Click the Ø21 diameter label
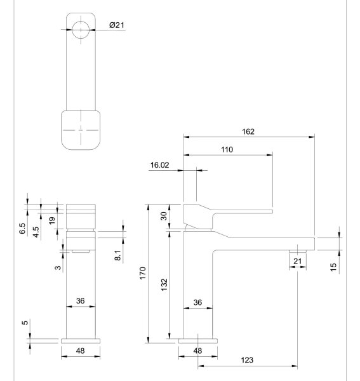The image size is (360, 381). point(117,25)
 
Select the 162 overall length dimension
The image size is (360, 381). point(248,131)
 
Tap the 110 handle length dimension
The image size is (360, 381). point(227,150)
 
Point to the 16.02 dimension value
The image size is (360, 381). point(159,165)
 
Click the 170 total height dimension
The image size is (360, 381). point(143,273)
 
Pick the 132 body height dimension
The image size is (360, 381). point(164,284)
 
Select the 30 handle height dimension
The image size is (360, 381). point(164,216)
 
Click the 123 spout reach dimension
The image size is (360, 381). point(247,360)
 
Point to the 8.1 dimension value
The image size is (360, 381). point(117,255)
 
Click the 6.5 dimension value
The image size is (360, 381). point(22,229)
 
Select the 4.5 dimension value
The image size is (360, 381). point(36,232)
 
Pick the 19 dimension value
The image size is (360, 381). point(51,220)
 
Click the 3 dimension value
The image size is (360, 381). point(58,268)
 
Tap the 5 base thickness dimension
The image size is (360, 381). point(25,323)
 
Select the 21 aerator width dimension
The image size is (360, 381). point(298,262)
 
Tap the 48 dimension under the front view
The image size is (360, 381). point(81,351)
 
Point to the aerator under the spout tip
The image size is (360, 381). point(298,251)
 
